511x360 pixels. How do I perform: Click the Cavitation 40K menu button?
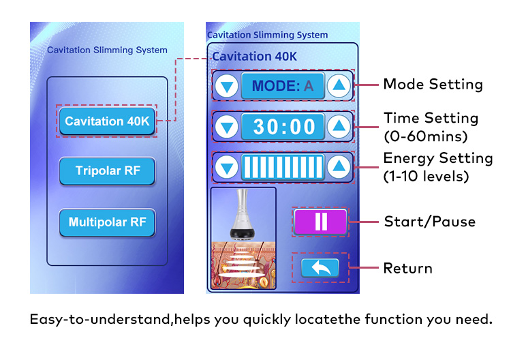[x=106, y=121]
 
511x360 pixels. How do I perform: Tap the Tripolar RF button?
[x=107, y=170]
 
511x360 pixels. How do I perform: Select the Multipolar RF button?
[x=107, y=222]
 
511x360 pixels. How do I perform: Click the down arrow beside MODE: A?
[x=226, y=86]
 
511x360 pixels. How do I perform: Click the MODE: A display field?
[x=283, y=86]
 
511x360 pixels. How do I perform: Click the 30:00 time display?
[x=283, y=126]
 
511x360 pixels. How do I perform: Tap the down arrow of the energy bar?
[x=226, y=167]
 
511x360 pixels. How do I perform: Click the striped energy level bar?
[x=283, y=167]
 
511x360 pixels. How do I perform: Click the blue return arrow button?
[x=320, y=268]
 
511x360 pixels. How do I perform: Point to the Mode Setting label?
[x=433, y=85]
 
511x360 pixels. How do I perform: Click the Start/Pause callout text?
[x=429, y=222]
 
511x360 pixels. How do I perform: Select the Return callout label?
[x=407, y=268]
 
